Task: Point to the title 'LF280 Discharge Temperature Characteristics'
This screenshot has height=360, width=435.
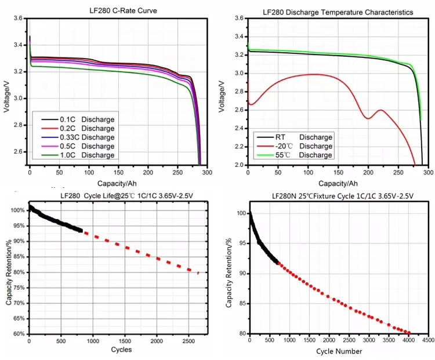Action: [x=338, y=12]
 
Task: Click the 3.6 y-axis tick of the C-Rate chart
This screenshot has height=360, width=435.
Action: [x=19, y=19]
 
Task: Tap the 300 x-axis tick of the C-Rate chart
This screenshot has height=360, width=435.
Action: [x=208, y=173]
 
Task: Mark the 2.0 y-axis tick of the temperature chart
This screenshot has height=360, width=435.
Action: [x=238, y=165]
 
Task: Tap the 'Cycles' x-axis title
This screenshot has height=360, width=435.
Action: [x=121, y=350]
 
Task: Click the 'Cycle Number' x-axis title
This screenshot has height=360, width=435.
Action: [x=339, y=351]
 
